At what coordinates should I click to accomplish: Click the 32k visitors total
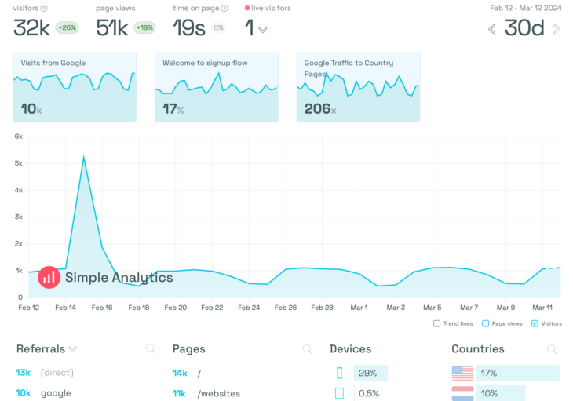(32, 28)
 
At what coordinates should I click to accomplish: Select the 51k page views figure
(112, 28)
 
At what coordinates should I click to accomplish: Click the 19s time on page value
(189, 28)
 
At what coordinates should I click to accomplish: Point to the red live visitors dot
(246, 9)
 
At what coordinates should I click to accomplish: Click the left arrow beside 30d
(492, 29)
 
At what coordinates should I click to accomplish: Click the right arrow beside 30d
(557, 29)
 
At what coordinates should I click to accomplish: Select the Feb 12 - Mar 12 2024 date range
(526, 8)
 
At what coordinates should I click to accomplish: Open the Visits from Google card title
(53, 63)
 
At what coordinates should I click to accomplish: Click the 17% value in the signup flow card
(173, 110)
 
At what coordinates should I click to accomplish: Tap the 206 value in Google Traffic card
(318, 109)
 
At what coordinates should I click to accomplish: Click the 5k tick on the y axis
(19, 163)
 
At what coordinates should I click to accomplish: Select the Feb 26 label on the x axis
(286, 308)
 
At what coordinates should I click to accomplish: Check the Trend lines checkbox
(436, 323)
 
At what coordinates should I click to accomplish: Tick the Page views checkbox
(486, 323)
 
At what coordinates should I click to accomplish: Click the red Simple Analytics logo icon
(49, 276)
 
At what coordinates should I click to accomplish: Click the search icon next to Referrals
(151, 349)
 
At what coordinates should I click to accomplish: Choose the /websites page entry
(219, 393)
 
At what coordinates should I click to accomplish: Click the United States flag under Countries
(463, 373)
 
